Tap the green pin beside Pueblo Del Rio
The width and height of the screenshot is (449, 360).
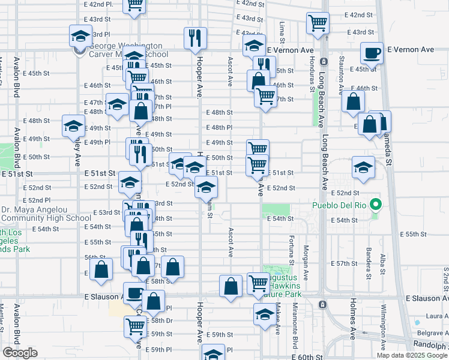(376, 205)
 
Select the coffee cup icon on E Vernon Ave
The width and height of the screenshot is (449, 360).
(372, 53)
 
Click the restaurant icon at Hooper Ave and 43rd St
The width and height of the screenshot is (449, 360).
(194, 38)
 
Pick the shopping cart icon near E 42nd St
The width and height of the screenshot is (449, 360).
(318, 23)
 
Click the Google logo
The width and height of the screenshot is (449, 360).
(20, 353)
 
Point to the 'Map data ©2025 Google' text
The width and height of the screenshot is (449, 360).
(411, 355)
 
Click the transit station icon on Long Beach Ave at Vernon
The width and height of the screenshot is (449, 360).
(323, 61)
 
